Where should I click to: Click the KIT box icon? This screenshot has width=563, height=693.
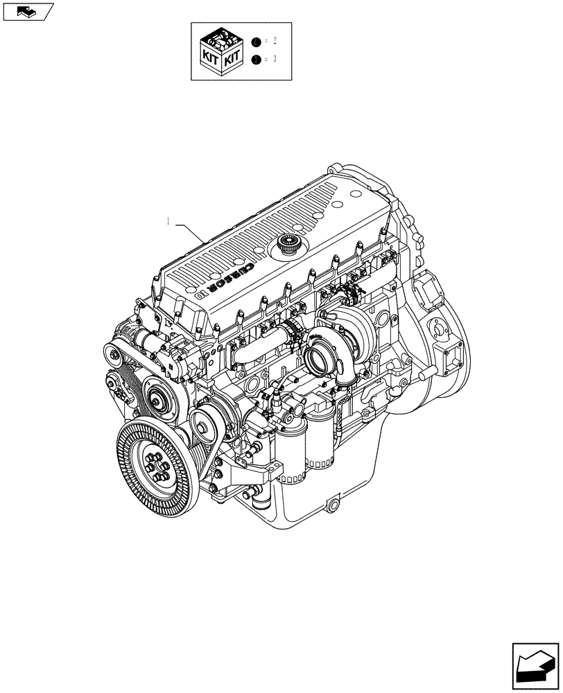[220, 51]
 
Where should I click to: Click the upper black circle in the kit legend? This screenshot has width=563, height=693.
[257, 42]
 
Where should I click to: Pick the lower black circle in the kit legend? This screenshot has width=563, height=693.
[257, 60]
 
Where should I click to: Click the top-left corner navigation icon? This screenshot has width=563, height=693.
[27, 10]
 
